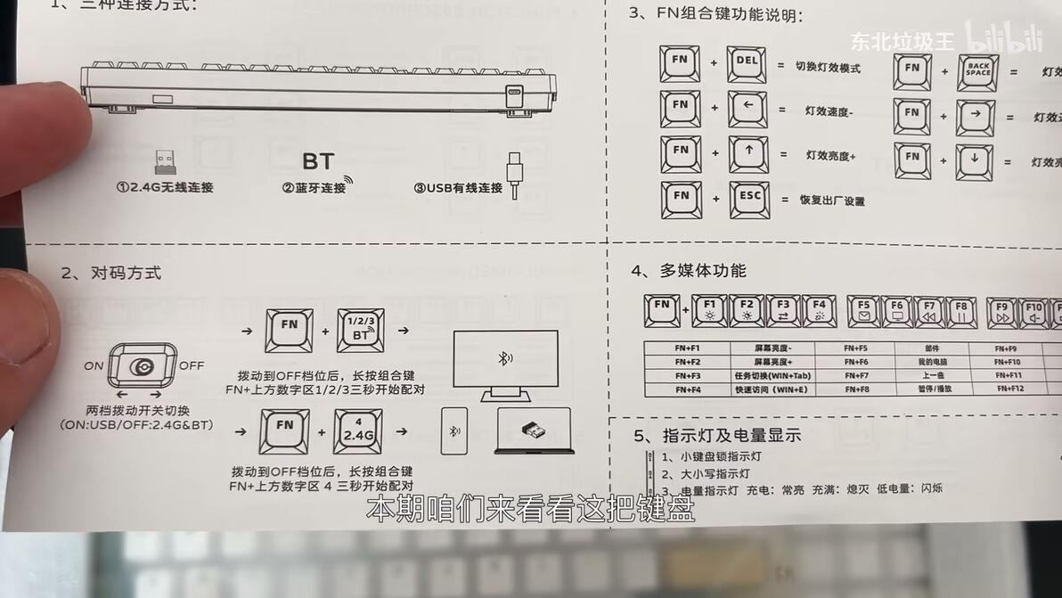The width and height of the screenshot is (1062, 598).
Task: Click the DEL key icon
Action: coord(747,65)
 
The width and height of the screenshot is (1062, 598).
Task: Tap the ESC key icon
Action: coord(748,200)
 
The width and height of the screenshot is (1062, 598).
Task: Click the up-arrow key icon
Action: coord(748,154)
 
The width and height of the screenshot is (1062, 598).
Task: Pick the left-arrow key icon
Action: coord(748,109)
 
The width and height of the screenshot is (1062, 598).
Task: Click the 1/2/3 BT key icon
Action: coord(359,332)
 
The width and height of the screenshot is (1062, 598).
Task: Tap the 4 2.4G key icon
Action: coord(357,431)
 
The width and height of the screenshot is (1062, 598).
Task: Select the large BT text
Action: coord(318,161)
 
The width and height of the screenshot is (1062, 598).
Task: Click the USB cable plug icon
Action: coord(516,174)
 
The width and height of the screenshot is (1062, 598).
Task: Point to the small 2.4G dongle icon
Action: coord(164,163)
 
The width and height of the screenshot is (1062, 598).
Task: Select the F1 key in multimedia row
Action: coord(709,311)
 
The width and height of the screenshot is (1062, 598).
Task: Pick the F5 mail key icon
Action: coord(863,311)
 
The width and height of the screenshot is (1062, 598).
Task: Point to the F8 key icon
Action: coord(960,312)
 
